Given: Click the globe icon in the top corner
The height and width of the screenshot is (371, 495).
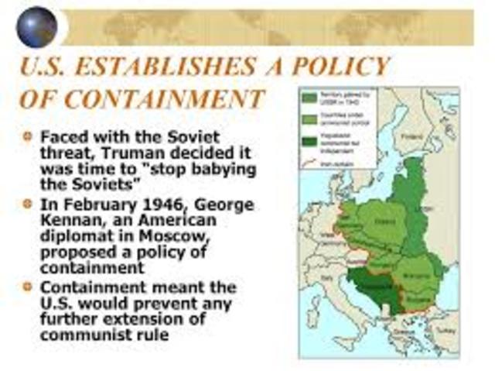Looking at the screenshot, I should (36, 26).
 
